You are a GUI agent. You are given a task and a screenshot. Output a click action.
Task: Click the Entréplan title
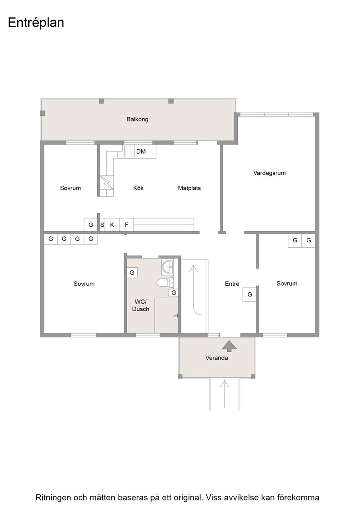coord(36,23)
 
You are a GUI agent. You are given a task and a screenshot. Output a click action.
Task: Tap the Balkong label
coord(137,119)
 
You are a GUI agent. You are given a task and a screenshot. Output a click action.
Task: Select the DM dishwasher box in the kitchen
coord(141,151)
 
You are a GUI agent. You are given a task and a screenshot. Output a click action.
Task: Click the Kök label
coord(138,188)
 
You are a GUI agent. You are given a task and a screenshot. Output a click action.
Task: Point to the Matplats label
coord(189,188)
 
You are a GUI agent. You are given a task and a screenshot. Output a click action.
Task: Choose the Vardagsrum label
coord(270,173)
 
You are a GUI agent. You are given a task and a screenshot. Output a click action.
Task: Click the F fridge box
coord(127,225)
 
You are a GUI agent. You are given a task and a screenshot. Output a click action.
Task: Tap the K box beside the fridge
coord(112,225)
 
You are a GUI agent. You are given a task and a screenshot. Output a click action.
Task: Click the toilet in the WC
coord(165,282)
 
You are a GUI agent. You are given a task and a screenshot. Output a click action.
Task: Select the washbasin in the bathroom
coord(168,267)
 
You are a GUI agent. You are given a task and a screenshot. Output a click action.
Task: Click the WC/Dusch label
coord(140,305)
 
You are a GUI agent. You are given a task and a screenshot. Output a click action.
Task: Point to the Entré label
coord(232,284)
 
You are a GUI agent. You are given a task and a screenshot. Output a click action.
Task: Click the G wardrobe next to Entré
coord(250,294)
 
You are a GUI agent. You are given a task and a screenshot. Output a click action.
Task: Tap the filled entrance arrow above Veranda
coord(230,346)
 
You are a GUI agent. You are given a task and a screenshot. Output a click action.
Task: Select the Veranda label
coord(216,358)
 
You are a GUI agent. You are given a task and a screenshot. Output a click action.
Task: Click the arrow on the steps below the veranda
coord(224,394)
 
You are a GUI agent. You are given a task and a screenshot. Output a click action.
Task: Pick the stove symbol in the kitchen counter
coord(106,182)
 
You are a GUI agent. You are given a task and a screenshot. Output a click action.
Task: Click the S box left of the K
coord(102,225)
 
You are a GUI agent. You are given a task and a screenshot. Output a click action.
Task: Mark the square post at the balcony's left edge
coord(43,113)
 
